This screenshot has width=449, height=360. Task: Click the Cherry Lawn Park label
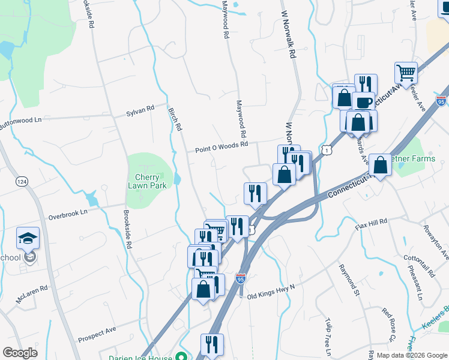point(146,181)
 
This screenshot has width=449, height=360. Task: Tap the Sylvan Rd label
point(140,110)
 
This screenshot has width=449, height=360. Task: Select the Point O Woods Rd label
point(221,146)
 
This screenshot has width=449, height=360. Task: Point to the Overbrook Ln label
point(68,212)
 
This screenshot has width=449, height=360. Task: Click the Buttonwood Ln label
point(21,120)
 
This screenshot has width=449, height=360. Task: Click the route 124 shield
point(22,181)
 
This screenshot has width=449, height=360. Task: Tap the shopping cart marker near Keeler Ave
point(406,73)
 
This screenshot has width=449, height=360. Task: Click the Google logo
point(20,353)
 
